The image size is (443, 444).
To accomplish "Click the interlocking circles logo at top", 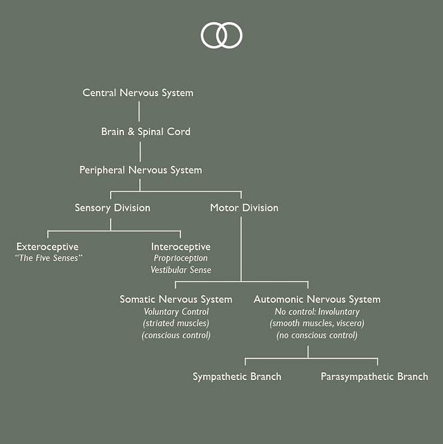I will point(221,35).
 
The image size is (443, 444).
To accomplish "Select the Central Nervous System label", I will point(138,93).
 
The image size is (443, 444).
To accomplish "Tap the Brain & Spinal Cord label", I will point(146,132).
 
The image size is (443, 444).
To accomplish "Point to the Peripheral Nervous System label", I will point(140,170).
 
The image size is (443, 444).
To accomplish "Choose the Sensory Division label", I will point(113,208).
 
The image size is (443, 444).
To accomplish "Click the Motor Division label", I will point(244,208).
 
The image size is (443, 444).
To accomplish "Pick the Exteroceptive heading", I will point(47,246).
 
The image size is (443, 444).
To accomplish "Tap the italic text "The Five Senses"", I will point(49,258).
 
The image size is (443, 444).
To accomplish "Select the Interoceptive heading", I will point(180,246).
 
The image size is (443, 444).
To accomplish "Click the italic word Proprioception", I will point(180,258).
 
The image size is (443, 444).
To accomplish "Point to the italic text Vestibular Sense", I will point(180,270).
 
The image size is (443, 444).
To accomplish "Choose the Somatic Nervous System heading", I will point(176,299).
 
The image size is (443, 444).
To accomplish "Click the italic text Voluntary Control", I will point(176,312).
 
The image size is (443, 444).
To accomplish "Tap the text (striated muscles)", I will point(176,324).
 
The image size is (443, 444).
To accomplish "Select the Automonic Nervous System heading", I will point(317,299).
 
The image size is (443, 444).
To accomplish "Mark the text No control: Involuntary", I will point(317,312).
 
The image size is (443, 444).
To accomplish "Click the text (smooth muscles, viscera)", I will point(317,324).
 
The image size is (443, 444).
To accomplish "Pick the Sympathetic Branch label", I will point(237,377).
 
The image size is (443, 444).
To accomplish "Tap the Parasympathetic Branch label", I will point(374,377).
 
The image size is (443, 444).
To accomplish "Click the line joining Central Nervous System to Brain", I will point(139,112).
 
